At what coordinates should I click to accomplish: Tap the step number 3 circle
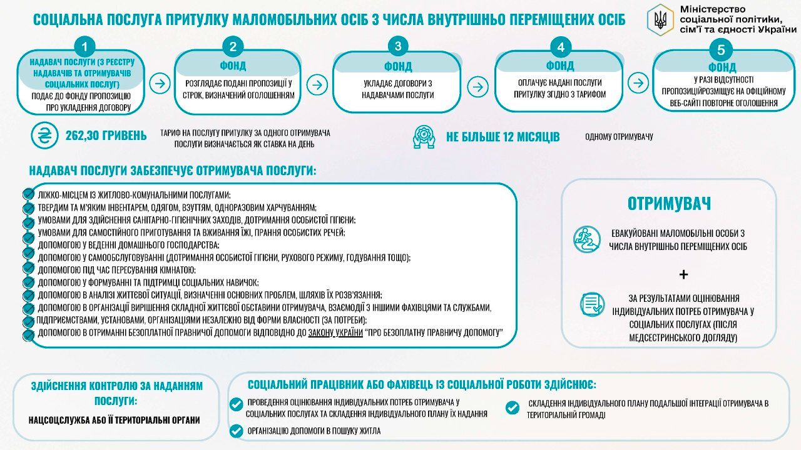click(x=398, y=46)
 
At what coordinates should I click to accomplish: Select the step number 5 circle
click(x=722, y=51)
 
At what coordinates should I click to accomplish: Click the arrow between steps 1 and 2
click(x=161, y=83)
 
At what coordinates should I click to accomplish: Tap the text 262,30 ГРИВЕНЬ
click(x=106, y=136)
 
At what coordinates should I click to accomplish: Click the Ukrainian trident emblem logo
click(x=660, y=19)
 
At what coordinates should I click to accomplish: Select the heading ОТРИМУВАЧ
click(x=669, y=204)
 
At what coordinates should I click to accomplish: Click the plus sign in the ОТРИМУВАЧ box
click(x=683, y=274)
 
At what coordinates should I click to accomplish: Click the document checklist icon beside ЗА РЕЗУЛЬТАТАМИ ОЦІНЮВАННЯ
click(x=591, y=304)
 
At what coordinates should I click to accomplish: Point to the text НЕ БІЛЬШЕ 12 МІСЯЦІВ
click(x=503, y=137)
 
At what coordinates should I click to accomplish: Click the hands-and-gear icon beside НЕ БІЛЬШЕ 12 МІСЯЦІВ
click(x=424, y=137)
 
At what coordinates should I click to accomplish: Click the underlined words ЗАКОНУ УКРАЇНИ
click(x=335, y=333)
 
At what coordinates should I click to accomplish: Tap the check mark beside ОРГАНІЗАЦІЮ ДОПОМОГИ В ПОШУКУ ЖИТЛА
click(x=237, y=430)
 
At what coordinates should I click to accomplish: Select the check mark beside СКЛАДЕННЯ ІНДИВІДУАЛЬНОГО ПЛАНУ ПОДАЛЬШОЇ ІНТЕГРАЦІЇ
click(x=512, y=407)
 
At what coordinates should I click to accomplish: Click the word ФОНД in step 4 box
click(x=559, y=66)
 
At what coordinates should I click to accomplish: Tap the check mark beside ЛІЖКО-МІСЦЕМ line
click(x=28, y=194)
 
